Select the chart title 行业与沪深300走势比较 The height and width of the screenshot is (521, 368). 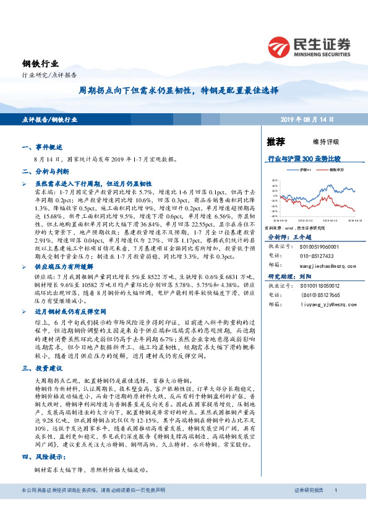point(304,159)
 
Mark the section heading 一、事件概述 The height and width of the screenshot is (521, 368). point(41,148)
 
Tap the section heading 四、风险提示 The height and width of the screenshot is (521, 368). point(43,457)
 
